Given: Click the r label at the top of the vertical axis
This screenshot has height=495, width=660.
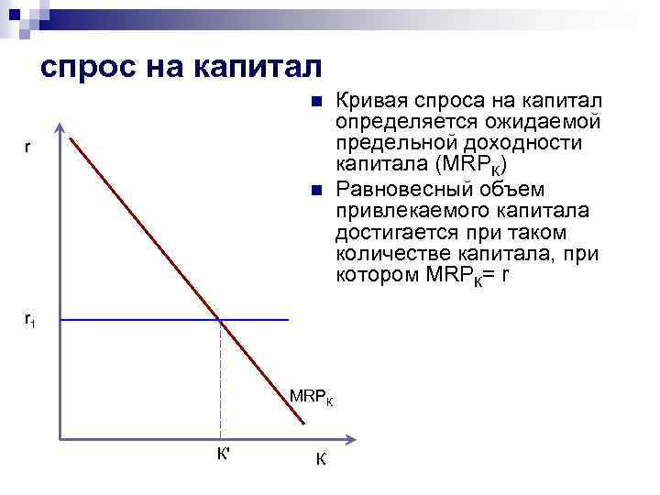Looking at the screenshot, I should coord(28,147).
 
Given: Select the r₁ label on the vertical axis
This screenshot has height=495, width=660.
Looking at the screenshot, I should coord(30,320).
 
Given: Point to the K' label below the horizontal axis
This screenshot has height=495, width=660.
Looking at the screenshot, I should coord(223,453).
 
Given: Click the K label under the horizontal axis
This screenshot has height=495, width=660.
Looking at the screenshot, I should coord(320,458).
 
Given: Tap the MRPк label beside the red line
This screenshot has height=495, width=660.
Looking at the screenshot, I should coord(312,397).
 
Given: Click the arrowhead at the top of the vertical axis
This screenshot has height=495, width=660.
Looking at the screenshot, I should coord(59,128).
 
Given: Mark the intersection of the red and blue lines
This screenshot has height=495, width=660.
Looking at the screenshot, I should coord(220,319).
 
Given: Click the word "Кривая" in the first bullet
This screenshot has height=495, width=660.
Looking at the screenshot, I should coord(370,99).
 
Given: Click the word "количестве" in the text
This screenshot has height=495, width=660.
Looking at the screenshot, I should coord(386,256).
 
